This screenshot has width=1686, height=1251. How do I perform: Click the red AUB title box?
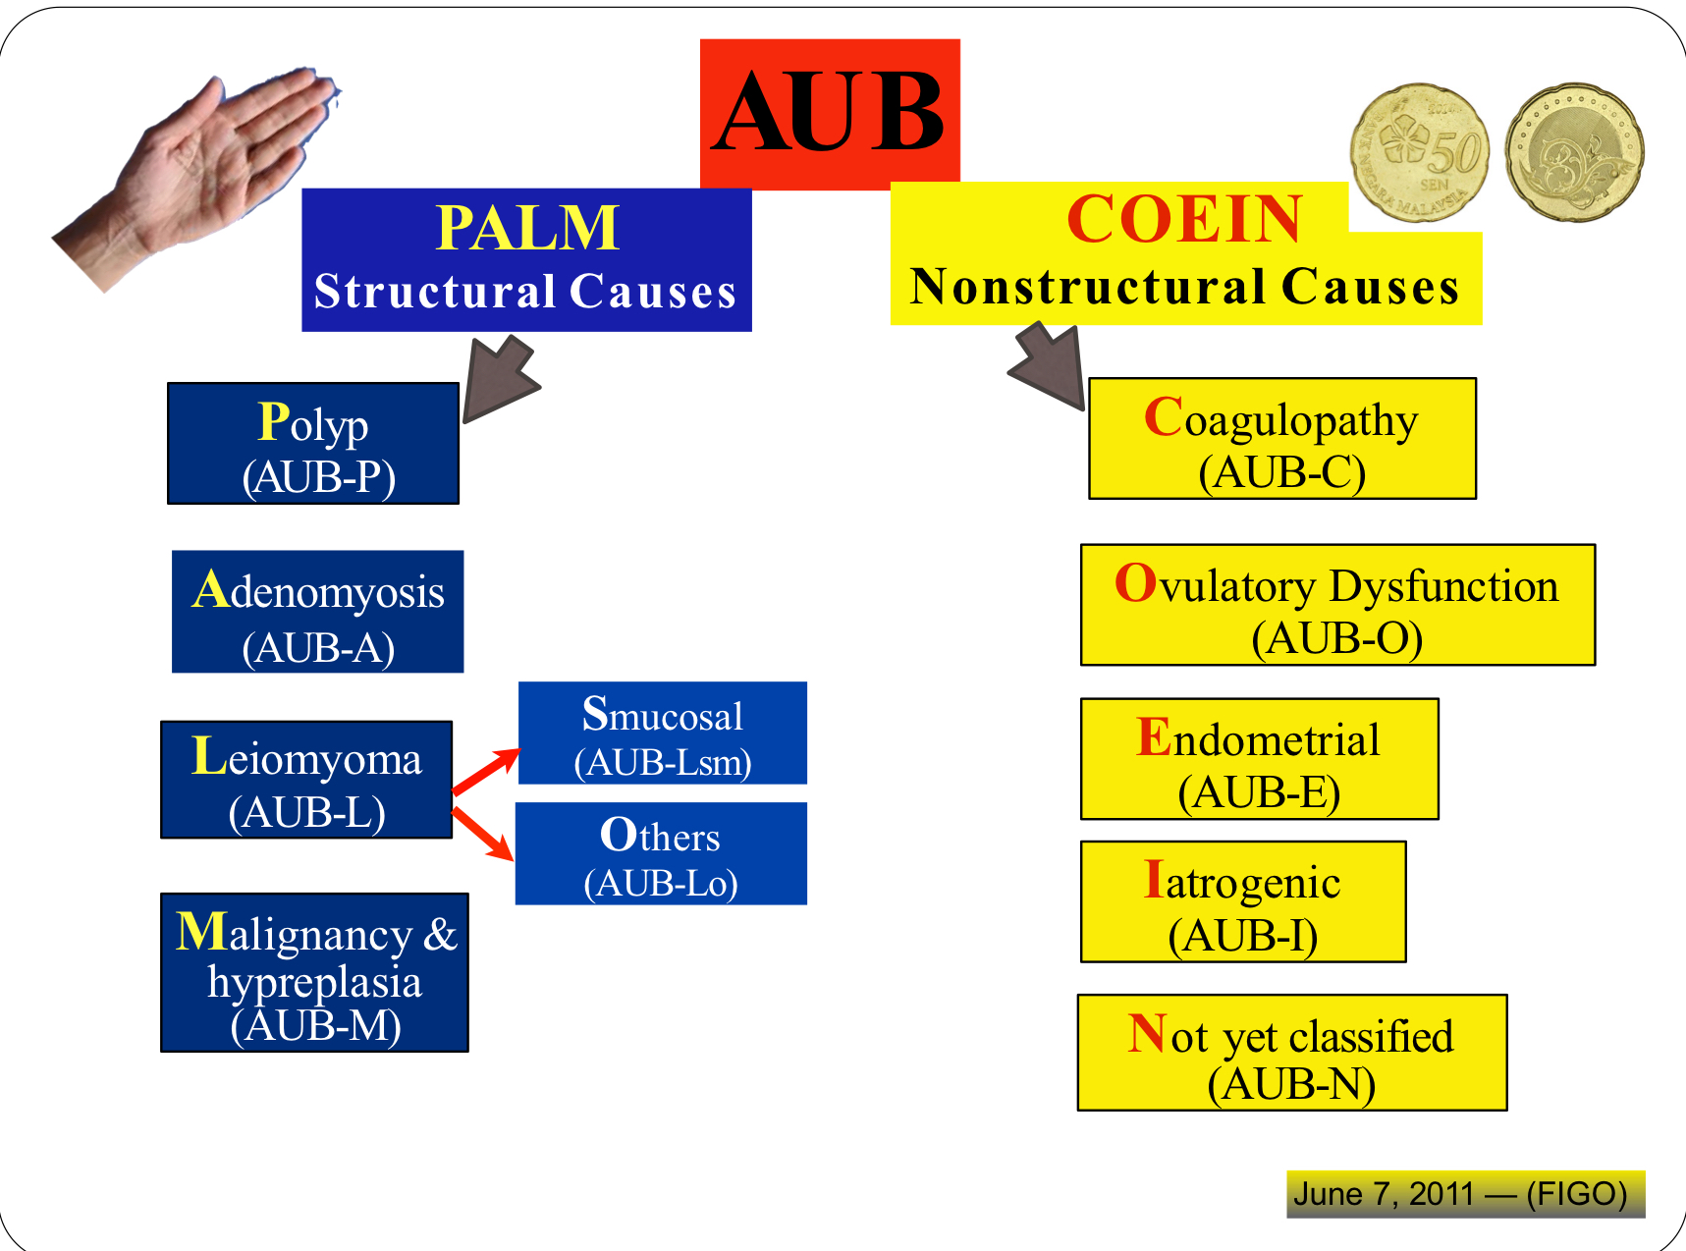pyautogui.click(x=830, y=113)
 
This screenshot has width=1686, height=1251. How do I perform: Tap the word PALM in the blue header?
pyautogui.click(x=527, y=228)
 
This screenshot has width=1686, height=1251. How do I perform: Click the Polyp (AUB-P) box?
pyautogui.click(x=313, y=444)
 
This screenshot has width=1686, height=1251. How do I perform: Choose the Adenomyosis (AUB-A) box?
pyautogui.click(x=317, y=612)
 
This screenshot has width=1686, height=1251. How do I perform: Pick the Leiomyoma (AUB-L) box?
pyautogui.click(x=306, y=780)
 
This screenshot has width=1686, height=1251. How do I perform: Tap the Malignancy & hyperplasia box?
pyautogui.click(x=314, y=972)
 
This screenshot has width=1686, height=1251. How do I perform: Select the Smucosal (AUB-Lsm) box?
pyautogui.click(x=663, y=734)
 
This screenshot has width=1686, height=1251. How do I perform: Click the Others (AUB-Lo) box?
pyautogui.click(x=661, y=853)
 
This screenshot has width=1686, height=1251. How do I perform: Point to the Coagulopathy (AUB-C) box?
pyautogui.click(x=1282, y=439)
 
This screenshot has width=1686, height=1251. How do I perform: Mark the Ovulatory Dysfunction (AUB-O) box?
pyautogui.click(x=1337, y=605)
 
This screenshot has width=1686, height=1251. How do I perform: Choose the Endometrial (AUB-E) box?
pyautogui.click(x=1259, y=759)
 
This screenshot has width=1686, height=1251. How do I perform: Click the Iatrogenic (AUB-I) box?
pyautogui.click(x=1243, y=901)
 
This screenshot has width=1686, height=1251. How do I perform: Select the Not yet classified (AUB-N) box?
pyautogui.click(x=1292, y=1053)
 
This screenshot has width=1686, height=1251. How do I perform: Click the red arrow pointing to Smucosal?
pyautogui.click(x=486, y=771)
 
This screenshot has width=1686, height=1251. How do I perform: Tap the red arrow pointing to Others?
pyautogui.click(x=483, y=834)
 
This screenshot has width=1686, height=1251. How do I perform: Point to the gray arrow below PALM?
pyautogui.click(x=501, y=378)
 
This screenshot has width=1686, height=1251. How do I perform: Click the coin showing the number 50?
pyautogui.click(x=1420, y=152)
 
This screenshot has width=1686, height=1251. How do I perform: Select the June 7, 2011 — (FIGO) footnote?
pyautogui.click(x=1466, y=1194)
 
